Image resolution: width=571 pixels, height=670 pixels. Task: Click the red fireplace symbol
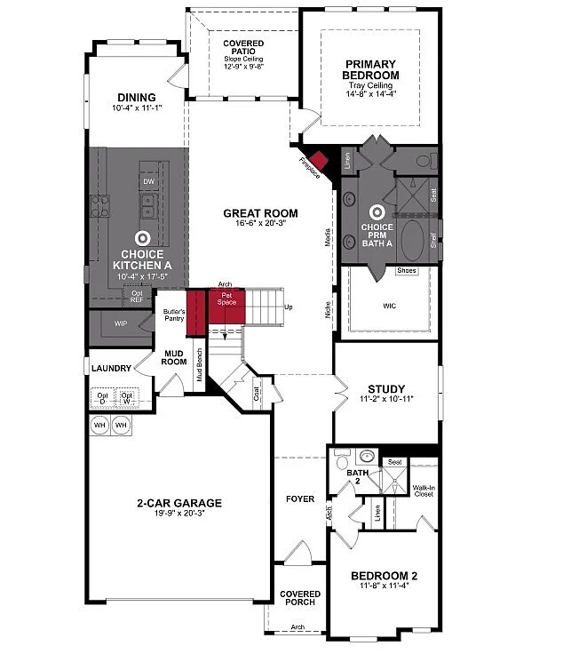(x=318, y=161)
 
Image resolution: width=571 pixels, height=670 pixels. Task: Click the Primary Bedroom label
(x=372, y=69)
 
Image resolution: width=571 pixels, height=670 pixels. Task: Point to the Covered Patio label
(x=243, y=48)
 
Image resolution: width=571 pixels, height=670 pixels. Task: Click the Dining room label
(x=135, y=98)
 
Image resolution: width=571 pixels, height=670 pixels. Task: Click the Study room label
(x=386, y=389)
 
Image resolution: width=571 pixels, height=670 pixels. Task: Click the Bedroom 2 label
(x=384, y=576)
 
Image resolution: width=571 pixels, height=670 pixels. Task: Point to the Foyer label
(x=300, y=499)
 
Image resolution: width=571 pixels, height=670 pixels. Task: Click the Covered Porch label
(x=300, y=599)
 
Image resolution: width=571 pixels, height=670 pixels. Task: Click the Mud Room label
(x=173, y=357)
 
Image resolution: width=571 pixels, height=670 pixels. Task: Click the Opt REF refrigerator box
(x=137, y=296)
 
